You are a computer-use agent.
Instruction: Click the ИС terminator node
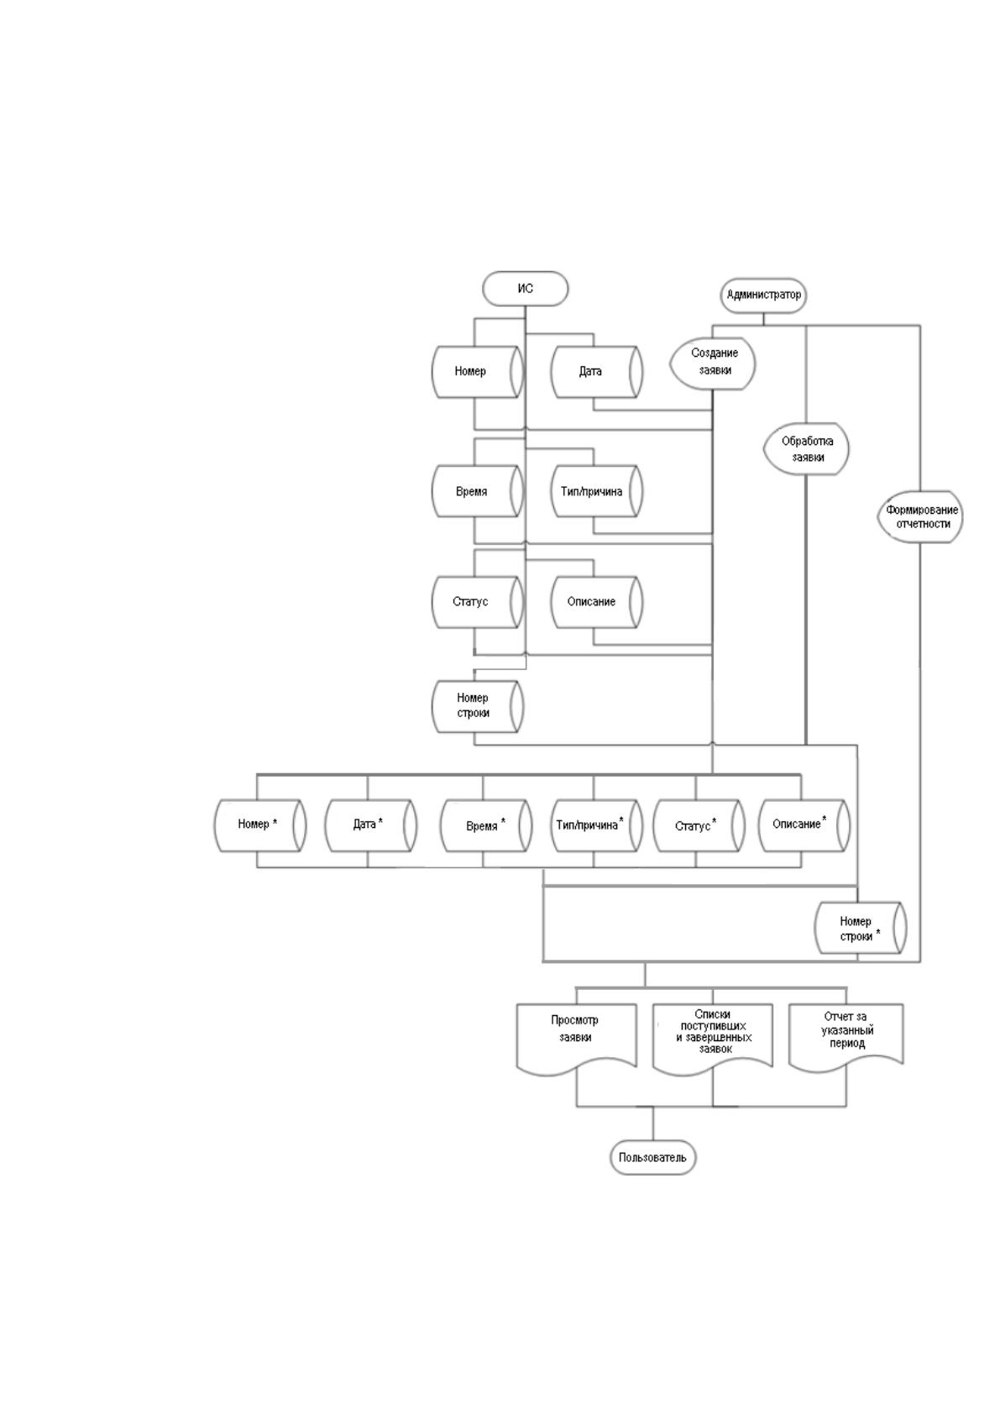point(525,289)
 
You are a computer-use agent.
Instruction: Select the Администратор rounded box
point(763,295)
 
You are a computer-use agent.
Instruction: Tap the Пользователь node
point(652,1157)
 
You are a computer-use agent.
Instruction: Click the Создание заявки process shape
point(713,364)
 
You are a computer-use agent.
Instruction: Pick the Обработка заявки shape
point(806,448)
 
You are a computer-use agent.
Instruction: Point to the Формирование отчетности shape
point(920,517)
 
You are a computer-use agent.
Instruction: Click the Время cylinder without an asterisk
point(478,491)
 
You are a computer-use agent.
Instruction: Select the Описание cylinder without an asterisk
point(597,601)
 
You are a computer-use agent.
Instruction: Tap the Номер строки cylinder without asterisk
point(478,705)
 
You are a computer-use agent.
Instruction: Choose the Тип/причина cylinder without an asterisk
point(597,491)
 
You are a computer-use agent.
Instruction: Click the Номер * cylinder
point(261,825)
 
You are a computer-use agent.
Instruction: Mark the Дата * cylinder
point(370,825)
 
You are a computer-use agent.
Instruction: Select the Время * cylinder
point(485,825)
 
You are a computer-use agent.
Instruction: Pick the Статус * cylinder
point(699,825)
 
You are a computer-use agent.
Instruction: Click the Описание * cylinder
point(804,825)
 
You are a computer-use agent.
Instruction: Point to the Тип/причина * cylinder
point(597,825)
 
